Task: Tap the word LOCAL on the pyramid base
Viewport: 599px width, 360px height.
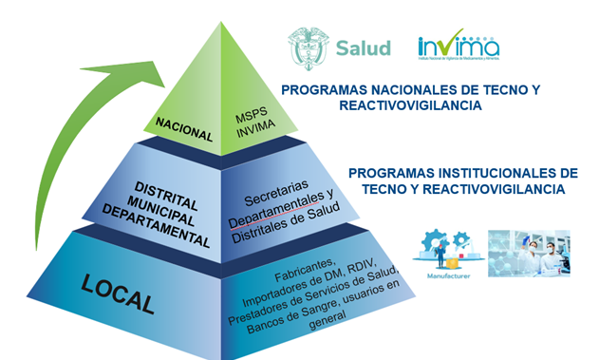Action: click(x=118, y=294)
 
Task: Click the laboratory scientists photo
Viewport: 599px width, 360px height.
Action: click(x=529, y=252)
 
